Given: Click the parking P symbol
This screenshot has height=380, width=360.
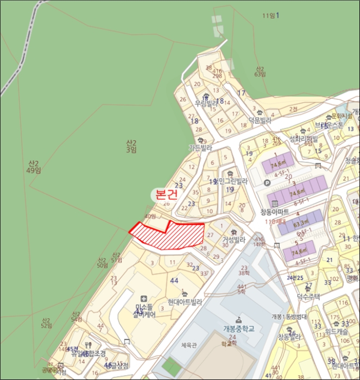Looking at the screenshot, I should click(x=267, y=183).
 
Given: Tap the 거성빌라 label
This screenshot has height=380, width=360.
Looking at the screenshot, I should click(x=234, y=239).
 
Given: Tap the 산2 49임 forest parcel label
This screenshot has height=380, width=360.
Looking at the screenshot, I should click(x=35, y=167).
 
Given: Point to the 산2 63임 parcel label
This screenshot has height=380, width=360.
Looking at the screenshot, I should click(x=260, y=72).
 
